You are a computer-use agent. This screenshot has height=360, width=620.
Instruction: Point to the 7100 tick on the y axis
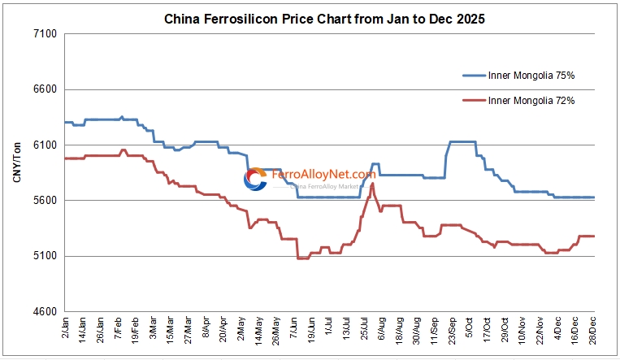(44, 34)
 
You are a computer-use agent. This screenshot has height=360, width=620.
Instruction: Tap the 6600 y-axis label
(44, 89)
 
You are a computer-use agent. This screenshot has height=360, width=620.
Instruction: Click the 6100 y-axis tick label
(44, 145)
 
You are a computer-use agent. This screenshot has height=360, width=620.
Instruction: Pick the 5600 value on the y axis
(44, 201)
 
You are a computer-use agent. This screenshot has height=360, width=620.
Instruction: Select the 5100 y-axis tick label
(44, 256)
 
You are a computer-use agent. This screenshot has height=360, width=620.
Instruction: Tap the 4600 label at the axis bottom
(44, 312)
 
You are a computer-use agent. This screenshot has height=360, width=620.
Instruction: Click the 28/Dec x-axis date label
(592, 330)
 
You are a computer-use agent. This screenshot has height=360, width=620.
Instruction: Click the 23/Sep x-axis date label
(450, 330)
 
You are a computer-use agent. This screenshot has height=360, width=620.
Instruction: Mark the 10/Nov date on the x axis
(521, 330)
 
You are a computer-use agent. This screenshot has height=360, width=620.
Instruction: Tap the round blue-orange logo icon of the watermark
(255, 180)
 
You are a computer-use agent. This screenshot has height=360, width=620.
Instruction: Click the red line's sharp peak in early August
(372, 184)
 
